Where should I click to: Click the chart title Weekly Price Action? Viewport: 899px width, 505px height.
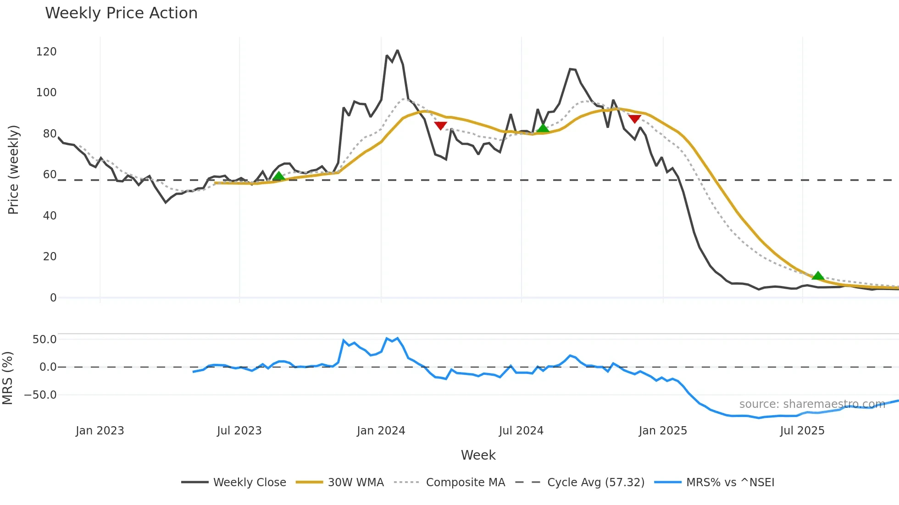pos(121,13)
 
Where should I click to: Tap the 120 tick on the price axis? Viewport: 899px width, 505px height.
pos(46,52)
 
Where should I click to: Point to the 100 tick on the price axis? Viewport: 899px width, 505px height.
pos(46,93)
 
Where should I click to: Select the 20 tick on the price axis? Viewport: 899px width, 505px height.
pos(50,257)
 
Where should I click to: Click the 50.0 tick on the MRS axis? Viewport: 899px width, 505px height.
pos(44,340)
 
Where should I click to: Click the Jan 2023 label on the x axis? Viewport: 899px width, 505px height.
pos(100,431)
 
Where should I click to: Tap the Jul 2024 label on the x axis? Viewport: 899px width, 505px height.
pos(521,431)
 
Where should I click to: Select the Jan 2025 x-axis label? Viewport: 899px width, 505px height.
pos(663,431)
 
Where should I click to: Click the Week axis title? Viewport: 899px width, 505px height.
pos(478,455)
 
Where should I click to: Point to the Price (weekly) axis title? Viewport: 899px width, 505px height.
pos(13,170)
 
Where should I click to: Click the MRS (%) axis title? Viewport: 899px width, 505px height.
pos(7,378)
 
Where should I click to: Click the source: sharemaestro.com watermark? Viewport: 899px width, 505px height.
pos(812,404)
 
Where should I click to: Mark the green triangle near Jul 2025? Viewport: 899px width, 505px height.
pos(817,276)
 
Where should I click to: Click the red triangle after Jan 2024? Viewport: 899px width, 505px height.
pos(440,126)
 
